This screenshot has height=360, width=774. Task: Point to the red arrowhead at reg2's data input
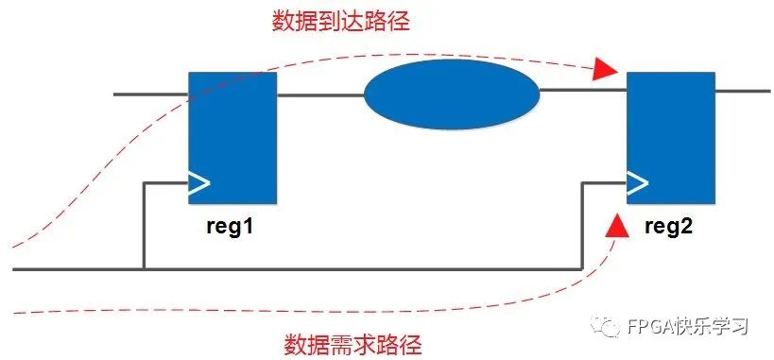pos(605,69)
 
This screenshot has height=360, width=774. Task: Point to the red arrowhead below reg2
pos(616,224)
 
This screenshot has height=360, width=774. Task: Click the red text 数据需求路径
pos(353,343)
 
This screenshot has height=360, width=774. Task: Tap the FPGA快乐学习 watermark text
pos(688,327)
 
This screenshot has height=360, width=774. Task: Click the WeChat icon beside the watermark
pos(607,326)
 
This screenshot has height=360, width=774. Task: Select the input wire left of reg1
pos(151,94)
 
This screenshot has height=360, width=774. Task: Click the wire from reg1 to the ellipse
pos(319,94)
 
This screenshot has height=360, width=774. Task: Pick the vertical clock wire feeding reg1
pos(144,227)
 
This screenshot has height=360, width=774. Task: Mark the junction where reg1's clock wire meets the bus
pos(144,270)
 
